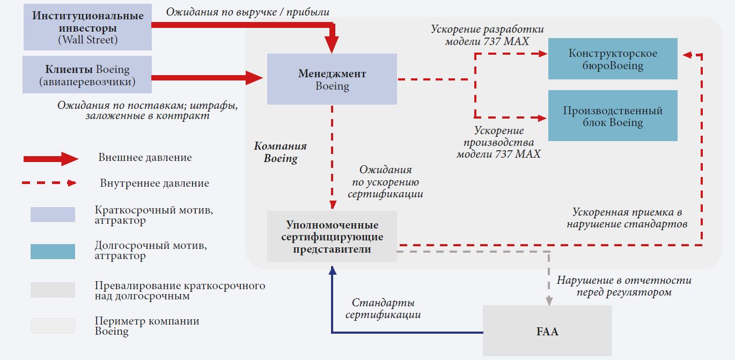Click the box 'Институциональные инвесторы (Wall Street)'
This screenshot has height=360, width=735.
[88, 27]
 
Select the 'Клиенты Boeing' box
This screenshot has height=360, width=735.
[87, 76]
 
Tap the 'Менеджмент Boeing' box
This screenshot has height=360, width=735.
[332, 79]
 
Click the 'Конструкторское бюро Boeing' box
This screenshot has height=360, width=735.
[613, 59]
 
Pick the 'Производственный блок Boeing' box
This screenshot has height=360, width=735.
[613, 116]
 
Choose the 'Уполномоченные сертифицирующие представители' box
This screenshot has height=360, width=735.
[332, 237]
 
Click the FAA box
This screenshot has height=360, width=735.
[547, 331]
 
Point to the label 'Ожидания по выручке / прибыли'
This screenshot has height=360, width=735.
[247, 11]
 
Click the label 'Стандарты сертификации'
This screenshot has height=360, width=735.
[383, 309]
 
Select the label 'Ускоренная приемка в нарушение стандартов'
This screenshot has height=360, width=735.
[627, 218]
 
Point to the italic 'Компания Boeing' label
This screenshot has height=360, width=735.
[281, 152]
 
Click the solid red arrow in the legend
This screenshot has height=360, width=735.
[51, 158]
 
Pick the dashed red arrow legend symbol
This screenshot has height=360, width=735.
[49, 183]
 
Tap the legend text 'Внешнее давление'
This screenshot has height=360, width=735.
[145, 158]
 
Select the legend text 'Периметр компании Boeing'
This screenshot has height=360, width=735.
[146, 326]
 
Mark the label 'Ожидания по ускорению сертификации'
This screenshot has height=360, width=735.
[385, 182]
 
